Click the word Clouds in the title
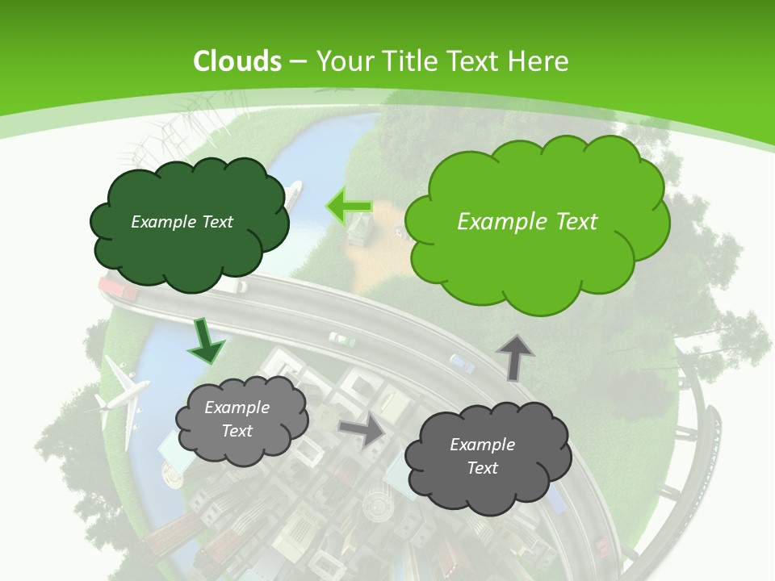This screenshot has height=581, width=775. tap(237, 61)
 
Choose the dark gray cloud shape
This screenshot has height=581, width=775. tap(488, 484)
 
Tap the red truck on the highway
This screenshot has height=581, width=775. tap(118, 287)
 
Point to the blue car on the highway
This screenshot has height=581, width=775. tap(462, 363)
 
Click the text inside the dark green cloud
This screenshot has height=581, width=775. tap(182, 222)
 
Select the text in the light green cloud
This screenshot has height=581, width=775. tap(527, 222)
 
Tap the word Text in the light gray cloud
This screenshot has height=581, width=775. tap(237, 431)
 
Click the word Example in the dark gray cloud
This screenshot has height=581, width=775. tap(482, 445)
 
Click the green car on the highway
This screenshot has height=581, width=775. tap(341, 339)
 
